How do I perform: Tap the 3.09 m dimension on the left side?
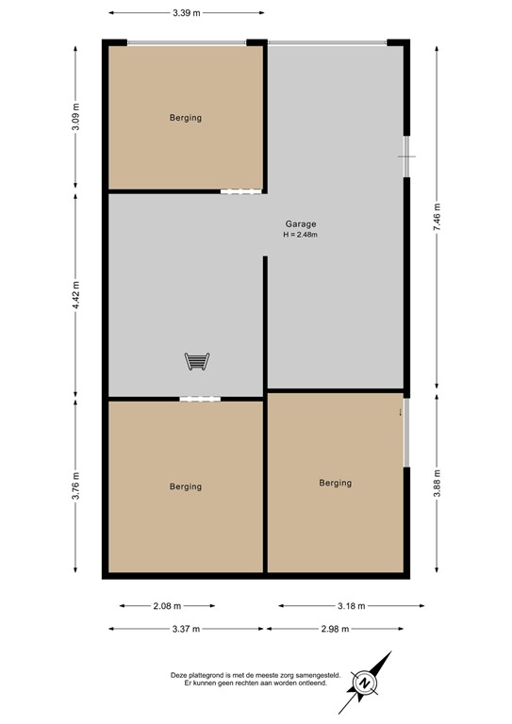[75, 115]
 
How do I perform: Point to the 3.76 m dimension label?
[75, 486]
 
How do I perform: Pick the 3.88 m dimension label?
[437, 483]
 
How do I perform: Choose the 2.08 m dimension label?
[167, 606]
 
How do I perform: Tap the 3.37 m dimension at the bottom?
[187, 629]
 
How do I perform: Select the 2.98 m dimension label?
[336, 629]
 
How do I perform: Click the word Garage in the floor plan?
[301, 224]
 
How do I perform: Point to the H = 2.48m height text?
[301, 235]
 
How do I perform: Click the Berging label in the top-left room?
[186, 118]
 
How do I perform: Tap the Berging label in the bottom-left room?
[186, 486]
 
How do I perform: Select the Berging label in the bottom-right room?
[335, 483]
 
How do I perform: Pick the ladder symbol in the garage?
[196, 360]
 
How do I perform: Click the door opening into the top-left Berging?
[240, 192]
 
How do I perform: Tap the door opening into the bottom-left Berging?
[199, 399]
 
